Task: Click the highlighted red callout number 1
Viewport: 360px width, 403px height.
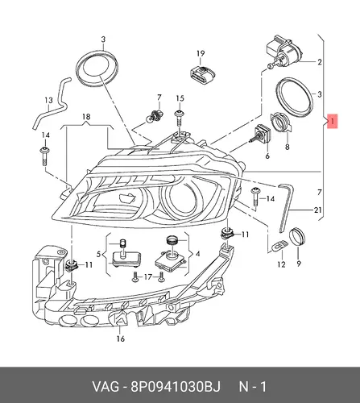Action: (333, 121)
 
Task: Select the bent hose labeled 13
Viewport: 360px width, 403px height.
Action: (52, 103)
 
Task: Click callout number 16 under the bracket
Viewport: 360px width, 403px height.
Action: (121, 339)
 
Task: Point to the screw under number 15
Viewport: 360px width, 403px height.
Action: (180, 118)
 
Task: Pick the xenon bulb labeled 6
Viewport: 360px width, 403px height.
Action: (261, 134)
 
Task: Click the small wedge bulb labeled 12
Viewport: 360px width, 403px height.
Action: (279, 246)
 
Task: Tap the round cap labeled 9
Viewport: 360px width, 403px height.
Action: (297, 236)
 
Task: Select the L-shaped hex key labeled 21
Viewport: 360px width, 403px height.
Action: (286, 206)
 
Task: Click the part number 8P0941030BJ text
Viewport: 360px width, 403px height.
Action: (176, 387)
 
